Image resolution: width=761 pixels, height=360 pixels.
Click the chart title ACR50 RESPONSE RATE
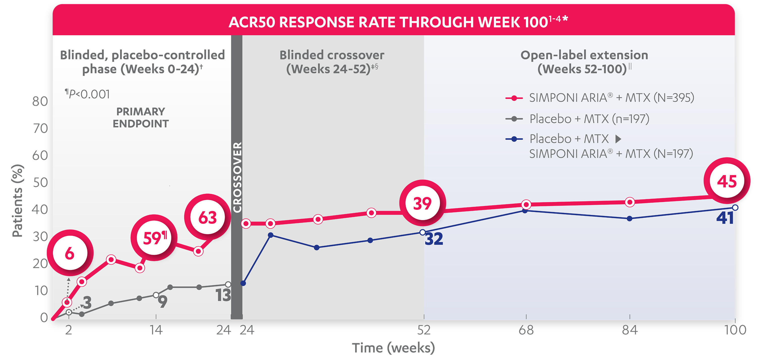[x=398, y=22]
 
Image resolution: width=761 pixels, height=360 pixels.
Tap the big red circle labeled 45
[x=727, y=181]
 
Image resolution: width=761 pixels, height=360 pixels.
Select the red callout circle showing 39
[x=422, y=203]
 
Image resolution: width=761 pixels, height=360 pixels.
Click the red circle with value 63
[x=207, y=217]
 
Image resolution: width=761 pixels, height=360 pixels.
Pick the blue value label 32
[x=434, y=239]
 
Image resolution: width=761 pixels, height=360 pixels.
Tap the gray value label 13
[x=223, y=295]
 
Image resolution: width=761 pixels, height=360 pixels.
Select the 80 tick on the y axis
[x=40, y=101]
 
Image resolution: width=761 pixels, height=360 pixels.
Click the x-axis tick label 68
[x=526, y=330]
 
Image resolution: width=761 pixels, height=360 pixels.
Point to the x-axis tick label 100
[x=735, y=330]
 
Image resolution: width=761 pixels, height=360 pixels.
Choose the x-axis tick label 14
[x=156, y=330]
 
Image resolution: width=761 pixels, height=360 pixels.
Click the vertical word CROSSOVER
[x=237, y=177]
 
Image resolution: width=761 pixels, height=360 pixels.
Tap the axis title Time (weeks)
[x=394, y=348]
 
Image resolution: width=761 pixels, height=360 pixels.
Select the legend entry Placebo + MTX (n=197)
[x=589, y=119]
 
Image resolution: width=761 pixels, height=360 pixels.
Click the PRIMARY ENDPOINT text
[x=141, y=117]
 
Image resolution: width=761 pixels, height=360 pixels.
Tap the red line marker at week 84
[x=630, y=202]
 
